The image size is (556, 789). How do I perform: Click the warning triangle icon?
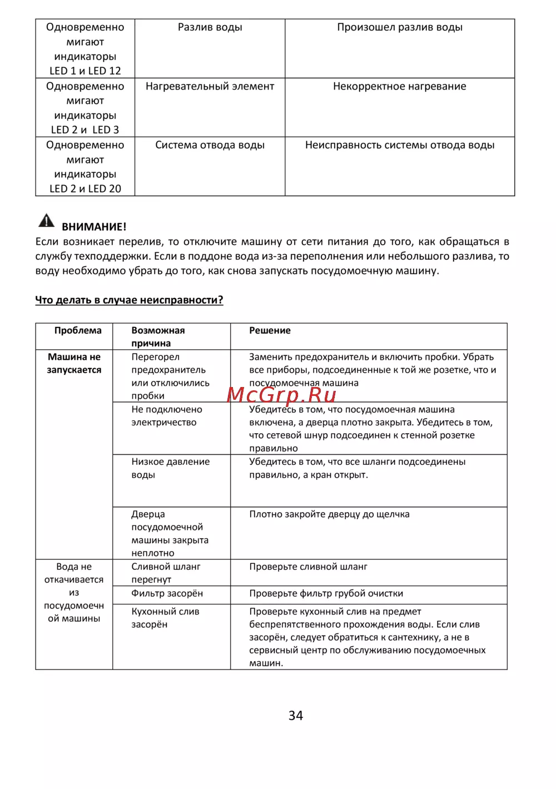tap(46, 221)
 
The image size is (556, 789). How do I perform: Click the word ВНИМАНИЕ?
tap(94, 227)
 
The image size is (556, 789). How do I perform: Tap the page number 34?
tap(296, 716)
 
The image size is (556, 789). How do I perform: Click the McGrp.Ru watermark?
tap(281, 394)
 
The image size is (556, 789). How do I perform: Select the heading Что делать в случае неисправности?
tap(129, 300)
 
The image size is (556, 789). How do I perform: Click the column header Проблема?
tap(78, 331)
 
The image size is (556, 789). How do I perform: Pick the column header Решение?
tap(270, 331)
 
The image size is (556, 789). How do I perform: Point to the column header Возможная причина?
tap(158, 337)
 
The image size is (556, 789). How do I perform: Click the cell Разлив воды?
tap(210, 27)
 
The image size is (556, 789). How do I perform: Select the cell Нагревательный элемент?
tap(210, 86)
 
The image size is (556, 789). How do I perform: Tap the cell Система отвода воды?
tap(210, 145)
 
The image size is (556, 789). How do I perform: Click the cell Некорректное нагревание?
tap(399, 86)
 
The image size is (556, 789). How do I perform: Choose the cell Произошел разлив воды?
tap(399, 27)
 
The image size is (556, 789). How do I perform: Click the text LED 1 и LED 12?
tap(85, 71)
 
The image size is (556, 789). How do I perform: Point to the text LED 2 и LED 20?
tap(85, 188)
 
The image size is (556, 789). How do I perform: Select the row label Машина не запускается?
tap(74, 364)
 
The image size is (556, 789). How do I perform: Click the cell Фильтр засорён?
tap(167, 593)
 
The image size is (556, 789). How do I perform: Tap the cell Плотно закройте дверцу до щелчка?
tap(329, 514)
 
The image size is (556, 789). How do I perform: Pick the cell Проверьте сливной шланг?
tap(308, 567)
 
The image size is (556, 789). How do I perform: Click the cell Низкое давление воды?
tap(170, 468)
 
